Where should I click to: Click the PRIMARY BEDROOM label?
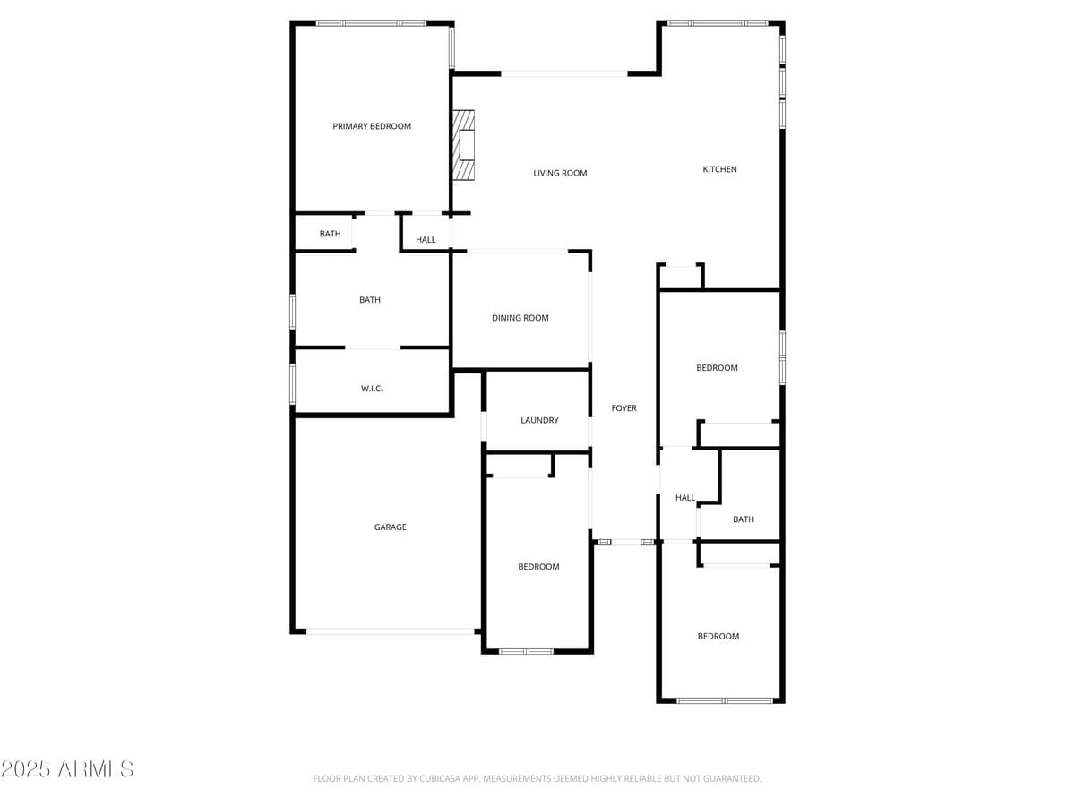tap(372, 126)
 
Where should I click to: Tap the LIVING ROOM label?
tap(560, 173)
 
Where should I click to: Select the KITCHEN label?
tap(719, 169)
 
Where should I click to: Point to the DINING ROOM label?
tap(520, 318)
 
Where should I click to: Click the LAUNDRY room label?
tap(539, 420)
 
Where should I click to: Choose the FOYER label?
tap(623, 408)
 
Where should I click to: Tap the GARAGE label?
tap(390, 527)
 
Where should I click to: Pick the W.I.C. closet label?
tap(372, 389)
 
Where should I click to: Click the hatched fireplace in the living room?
tap(463, 145)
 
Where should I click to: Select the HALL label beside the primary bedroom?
tap(426, 240)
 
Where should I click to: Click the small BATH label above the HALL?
tap(330, 234)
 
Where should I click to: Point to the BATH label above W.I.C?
tap(369, 300)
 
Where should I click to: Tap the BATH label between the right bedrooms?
tap(743, 519)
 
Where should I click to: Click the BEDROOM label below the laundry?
tap(538, 567)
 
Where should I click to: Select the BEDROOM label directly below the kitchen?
tap(717, 368)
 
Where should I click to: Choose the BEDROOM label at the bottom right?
tap(718, 637)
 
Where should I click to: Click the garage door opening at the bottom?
tap(391, 631)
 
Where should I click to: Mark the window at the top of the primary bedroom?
tap(372, 23)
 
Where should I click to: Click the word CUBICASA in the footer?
tap(447, 779)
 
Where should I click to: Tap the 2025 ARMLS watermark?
tap(67, 769)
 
